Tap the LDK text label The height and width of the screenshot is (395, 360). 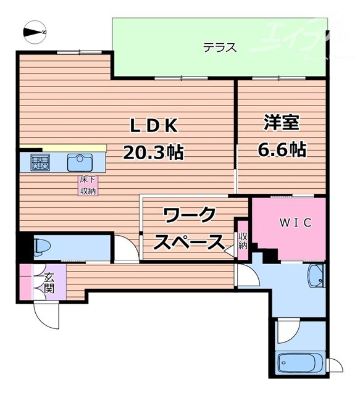click(x=153, y=125)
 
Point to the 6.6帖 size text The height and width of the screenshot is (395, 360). click(x=281, y=148)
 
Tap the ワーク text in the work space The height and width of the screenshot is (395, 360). click(x=190, y=216)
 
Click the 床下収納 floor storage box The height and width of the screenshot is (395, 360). click(x=87, y=186)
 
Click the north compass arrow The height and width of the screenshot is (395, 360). click(x=33, y=30)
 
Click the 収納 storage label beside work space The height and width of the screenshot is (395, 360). click(x=243, y=240)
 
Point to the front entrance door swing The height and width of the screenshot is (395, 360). click(x=47, y=315)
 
